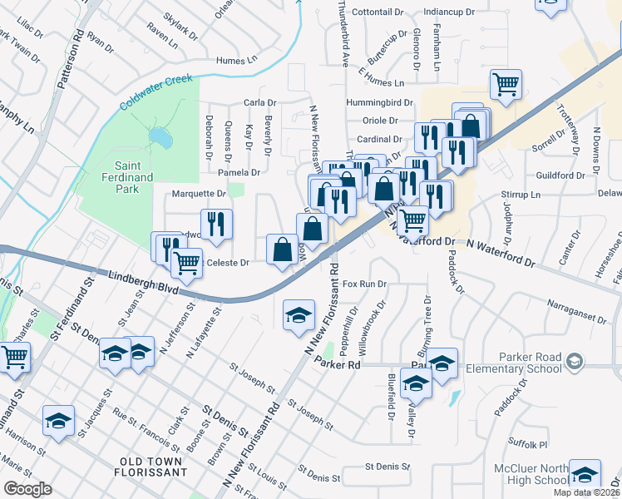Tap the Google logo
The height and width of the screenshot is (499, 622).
[28, 489]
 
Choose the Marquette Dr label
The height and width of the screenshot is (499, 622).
[198, 194]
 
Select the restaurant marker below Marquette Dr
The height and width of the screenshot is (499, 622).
[216, 223]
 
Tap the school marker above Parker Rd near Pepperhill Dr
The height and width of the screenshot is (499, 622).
[299, 314]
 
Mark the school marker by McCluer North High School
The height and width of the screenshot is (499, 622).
[585, 474]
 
